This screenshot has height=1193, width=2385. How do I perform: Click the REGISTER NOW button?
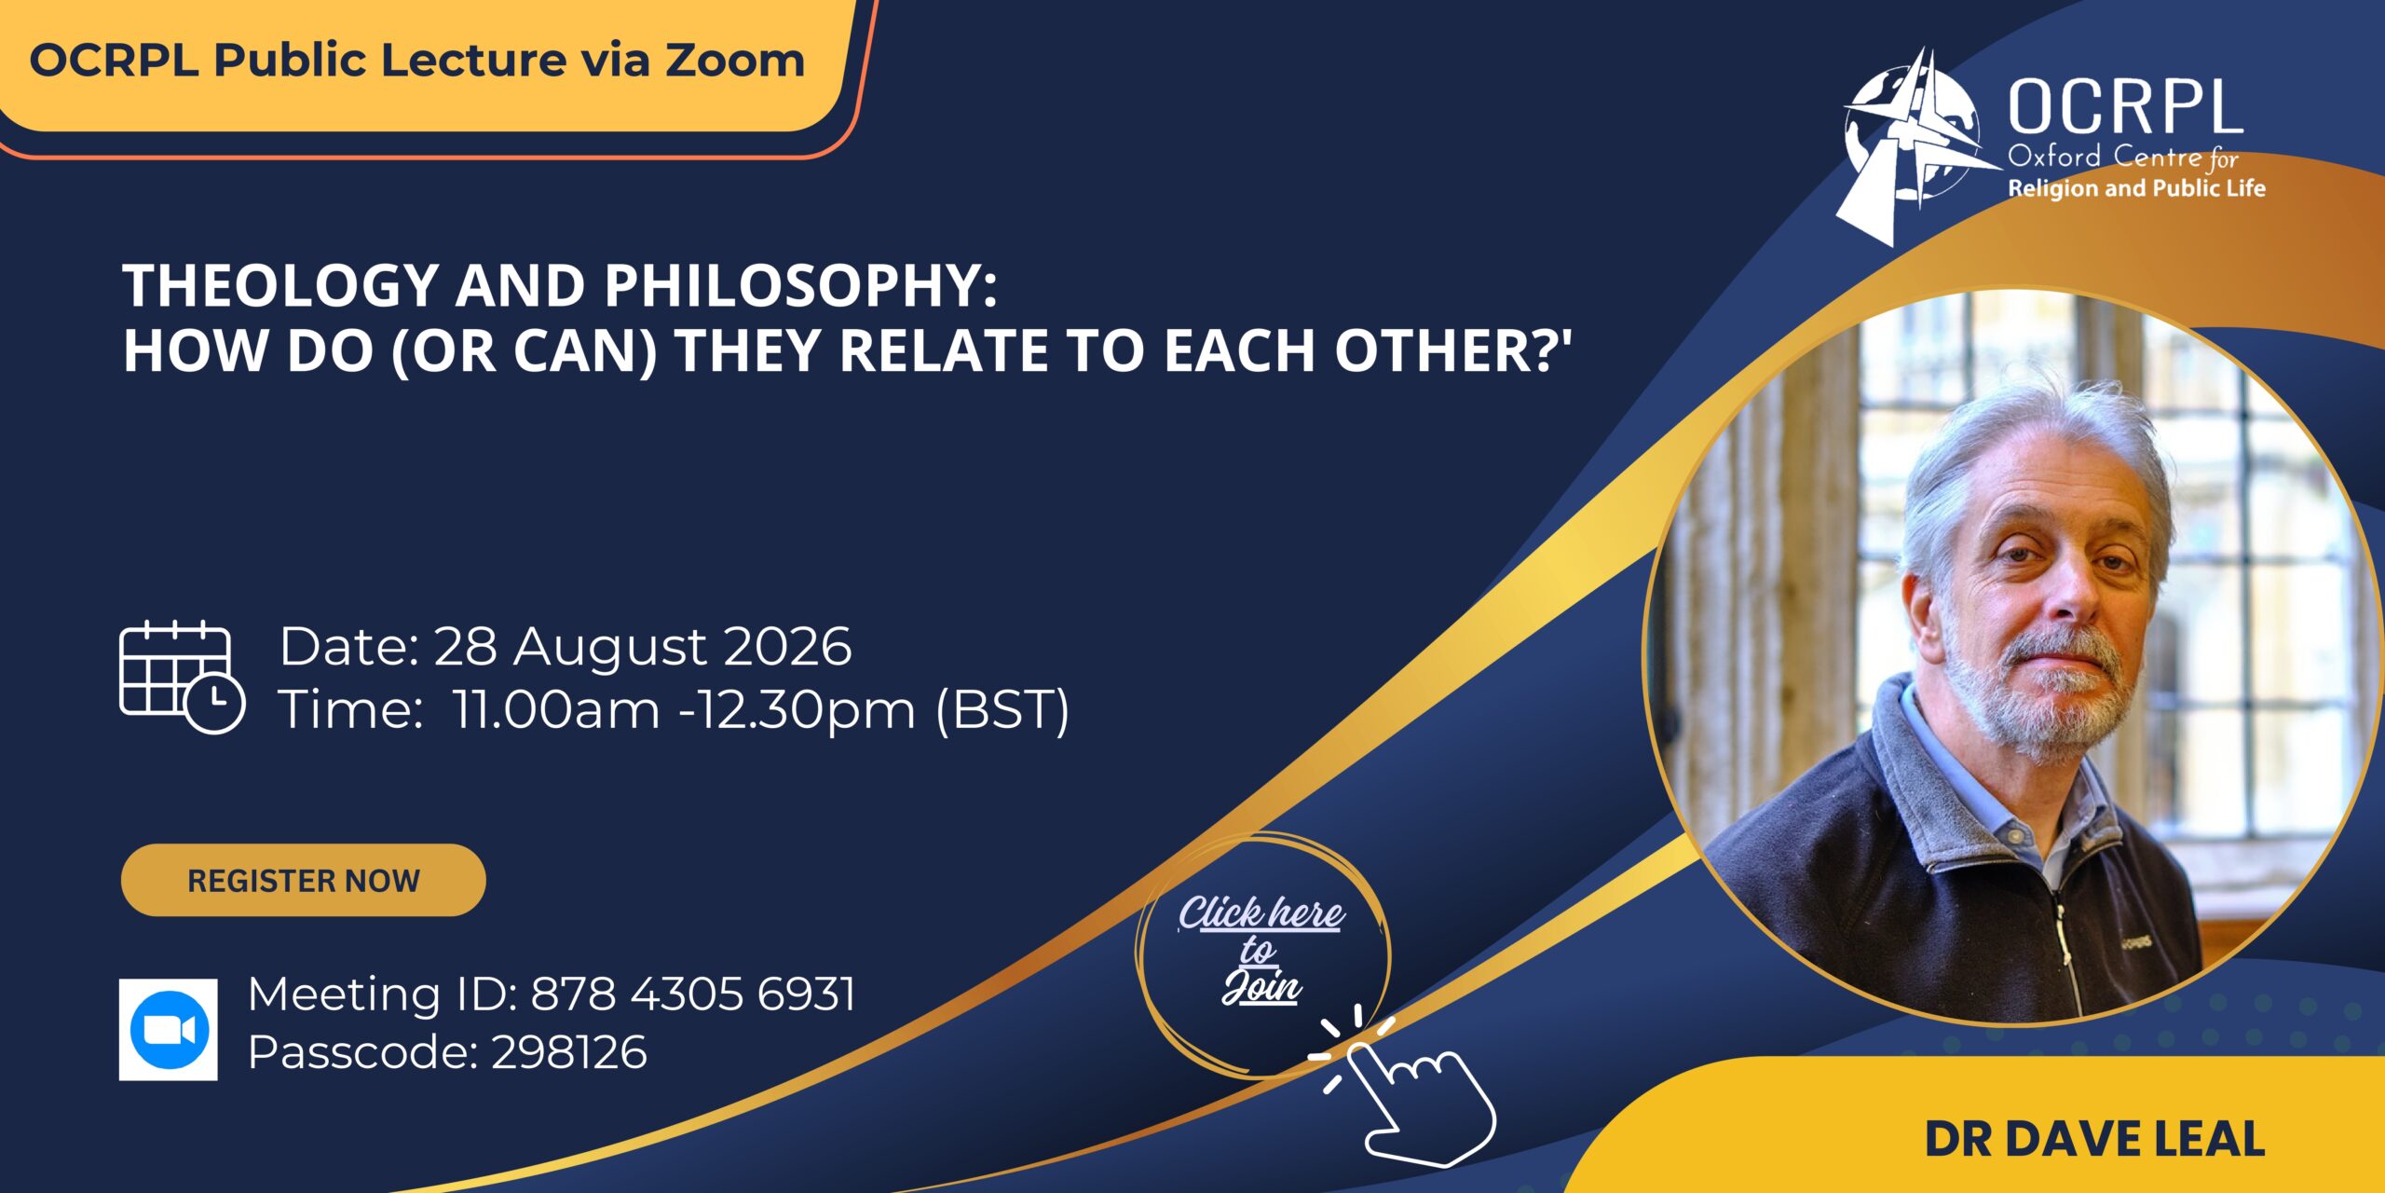[x=303, y=880]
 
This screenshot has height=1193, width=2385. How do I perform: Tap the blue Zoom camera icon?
[x=169, y=1029]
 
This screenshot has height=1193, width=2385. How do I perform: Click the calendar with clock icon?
[x=183, y=677]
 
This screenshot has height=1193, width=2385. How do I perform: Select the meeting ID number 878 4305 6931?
[x=693, y=994]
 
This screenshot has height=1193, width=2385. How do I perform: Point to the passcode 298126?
[x=569, y=1052]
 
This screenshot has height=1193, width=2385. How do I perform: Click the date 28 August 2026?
[x=643, y=646]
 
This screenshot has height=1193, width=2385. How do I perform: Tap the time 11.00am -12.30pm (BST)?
[x=761, y=710]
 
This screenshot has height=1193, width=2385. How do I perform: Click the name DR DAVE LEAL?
[x=2094, y=1139]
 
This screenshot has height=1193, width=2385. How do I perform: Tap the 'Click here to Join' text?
[x=1261, y=949]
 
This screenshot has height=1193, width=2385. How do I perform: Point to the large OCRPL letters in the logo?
[x=2125, y=108]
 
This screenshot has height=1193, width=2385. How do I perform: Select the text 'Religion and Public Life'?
[x=2136, y=188]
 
